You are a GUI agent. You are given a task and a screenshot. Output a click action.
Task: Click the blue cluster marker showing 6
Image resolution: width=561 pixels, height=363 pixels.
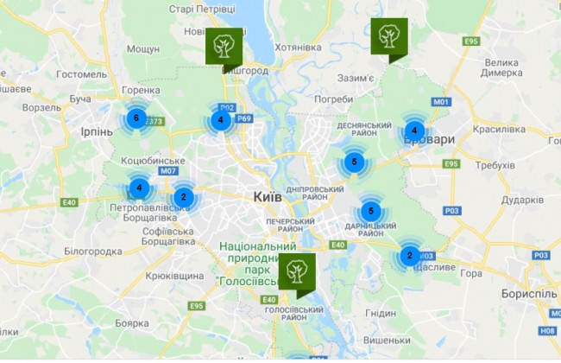pyautogui.click(x=134, y=118)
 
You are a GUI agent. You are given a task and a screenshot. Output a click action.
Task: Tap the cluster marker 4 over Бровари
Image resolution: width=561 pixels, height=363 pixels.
pyautogui.click(x=414, y=131)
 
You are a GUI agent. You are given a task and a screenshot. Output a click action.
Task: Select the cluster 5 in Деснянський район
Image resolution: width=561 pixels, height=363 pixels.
pyautogui.click(x=352, y=162)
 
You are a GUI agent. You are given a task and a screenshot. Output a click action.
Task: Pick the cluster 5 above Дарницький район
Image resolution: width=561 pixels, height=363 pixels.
pyautogui.click(x=370, y=211)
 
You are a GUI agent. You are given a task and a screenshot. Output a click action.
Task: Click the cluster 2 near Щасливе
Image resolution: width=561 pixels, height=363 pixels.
pyautogui.click(x=409, y=256)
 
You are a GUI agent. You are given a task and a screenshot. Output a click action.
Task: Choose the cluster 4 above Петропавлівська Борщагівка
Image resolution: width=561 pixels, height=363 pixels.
pyautogui.click(x=138, y=188)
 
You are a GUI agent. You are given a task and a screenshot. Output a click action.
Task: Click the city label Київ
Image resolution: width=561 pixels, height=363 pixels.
pyautogui.click(x=268, y=198)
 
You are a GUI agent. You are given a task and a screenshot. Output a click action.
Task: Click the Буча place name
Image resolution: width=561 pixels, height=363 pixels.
pyautogui.click(x=80, y=99)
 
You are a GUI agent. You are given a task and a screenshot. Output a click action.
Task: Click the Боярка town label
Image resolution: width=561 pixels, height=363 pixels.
pyautogui.click(x=132, y=322)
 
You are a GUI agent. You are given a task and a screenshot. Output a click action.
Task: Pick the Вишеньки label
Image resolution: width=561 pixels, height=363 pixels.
pyautogui.click(x=386, y=340)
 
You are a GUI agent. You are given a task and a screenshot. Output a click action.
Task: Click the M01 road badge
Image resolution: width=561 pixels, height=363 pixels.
pyautogui.click(x=443, y=102)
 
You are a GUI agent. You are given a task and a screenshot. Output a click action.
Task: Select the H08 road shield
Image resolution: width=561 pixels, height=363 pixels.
pyautogui.click(x=547, y=330)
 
